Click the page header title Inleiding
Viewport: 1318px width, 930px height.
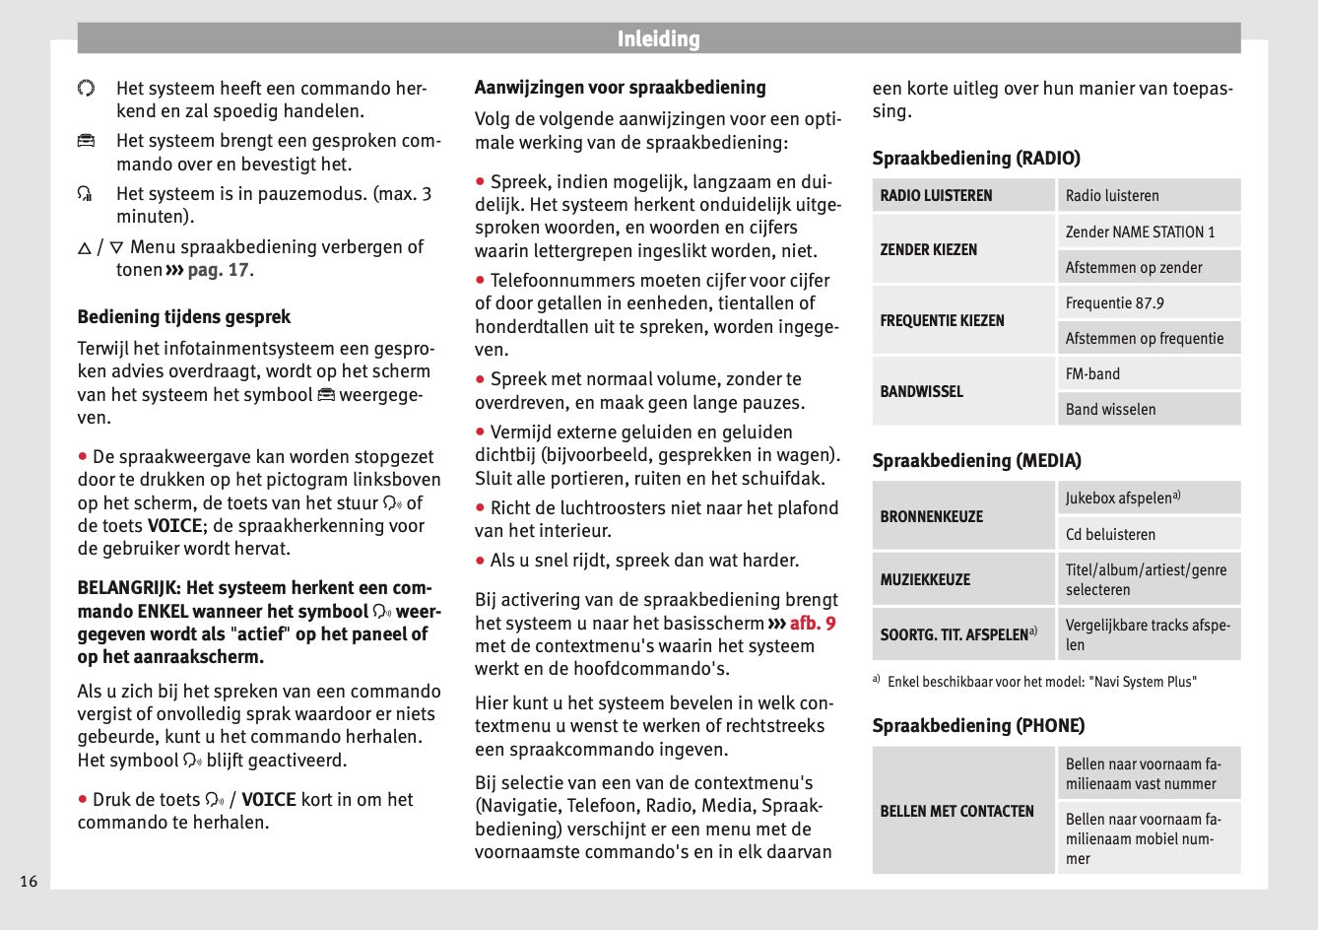tap(658, 39)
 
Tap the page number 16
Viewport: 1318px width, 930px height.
tap(29, 881)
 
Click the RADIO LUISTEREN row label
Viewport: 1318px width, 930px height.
tap(936, 195)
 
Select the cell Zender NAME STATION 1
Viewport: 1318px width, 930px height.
tap(1140, 232)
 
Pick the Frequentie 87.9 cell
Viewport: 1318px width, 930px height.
tap(1114, 302)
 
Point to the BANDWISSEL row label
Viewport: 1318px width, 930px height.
tap(922, 391)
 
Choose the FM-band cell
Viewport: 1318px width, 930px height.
tap(1092, 373)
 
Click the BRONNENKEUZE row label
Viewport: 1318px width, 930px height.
tap(931, 516)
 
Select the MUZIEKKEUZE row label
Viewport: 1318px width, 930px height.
tap(925, 579)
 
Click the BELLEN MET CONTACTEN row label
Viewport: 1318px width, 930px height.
tap(956, 811)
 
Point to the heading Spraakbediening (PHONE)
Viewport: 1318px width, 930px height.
tap(978, 725)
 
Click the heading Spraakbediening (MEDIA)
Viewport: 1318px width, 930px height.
tap(976, 460)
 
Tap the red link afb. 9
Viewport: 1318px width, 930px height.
tap(812, 623)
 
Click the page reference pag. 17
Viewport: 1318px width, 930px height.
tap(220, 270)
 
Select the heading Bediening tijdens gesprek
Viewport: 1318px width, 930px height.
tap(184, 316)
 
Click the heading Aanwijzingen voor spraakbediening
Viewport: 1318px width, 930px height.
tap(620, 87)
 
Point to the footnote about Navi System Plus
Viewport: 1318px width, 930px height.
tap(1041, 681)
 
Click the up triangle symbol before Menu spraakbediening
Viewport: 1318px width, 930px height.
tap(85, 248)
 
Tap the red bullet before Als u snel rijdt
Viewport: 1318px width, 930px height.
tap(481, 560)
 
